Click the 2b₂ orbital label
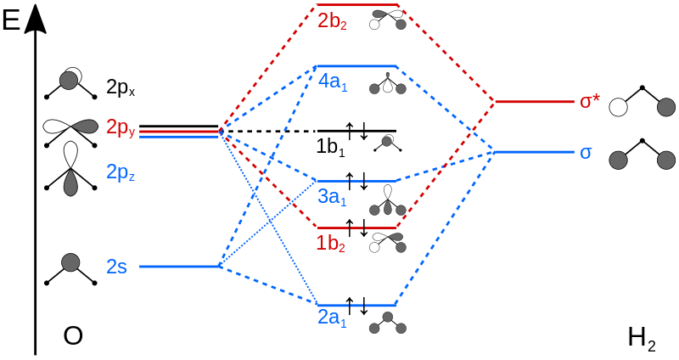[332, 21]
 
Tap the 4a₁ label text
[333, 82]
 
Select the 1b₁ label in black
[331, 147]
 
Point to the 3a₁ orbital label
[332, 197]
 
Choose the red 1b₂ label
[331, 244]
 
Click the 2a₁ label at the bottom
[332, 318]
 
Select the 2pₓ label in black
[121, 88]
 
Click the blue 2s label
[117, 267]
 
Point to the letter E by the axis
[11, 20]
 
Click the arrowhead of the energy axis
[36, 17]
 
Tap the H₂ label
[642, 338]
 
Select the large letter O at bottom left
[73, 335]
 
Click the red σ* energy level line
[535, 102]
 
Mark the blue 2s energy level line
[180, 267]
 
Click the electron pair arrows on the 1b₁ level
[357, 131]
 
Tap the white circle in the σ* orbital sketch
[618, 107]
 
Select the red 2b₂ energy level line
[357, 5]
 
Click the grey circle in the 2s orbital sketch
[70, 263]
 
